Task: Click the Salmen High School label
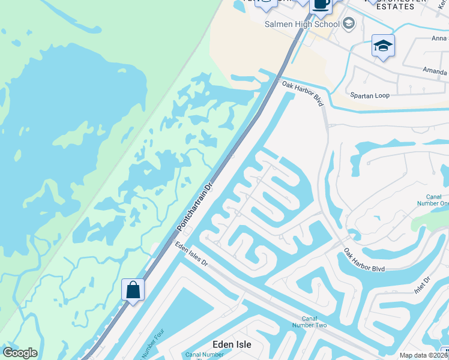tap(302, 24)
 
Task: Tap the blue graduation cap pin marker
tap(383, 46)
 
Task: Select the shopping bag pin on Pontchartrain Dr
tap(133, 290)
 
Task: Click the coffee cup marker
tap(321, 5)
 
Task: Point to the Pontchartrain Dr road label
tap(195, 207)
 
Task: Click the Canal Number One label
tap(433, 199)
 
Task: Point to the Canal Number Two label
tap(313, 322)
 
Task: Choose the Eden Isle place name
tap(232, 344)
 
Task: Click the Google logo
tap(20, 353)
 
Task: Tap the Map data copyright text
tap(424, 355)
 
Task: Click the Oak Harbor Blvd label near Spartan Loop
tap(303, 94)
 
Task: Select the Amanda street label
tap(434, 71)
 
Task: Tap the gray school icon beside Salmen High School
tap(348, 24)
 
